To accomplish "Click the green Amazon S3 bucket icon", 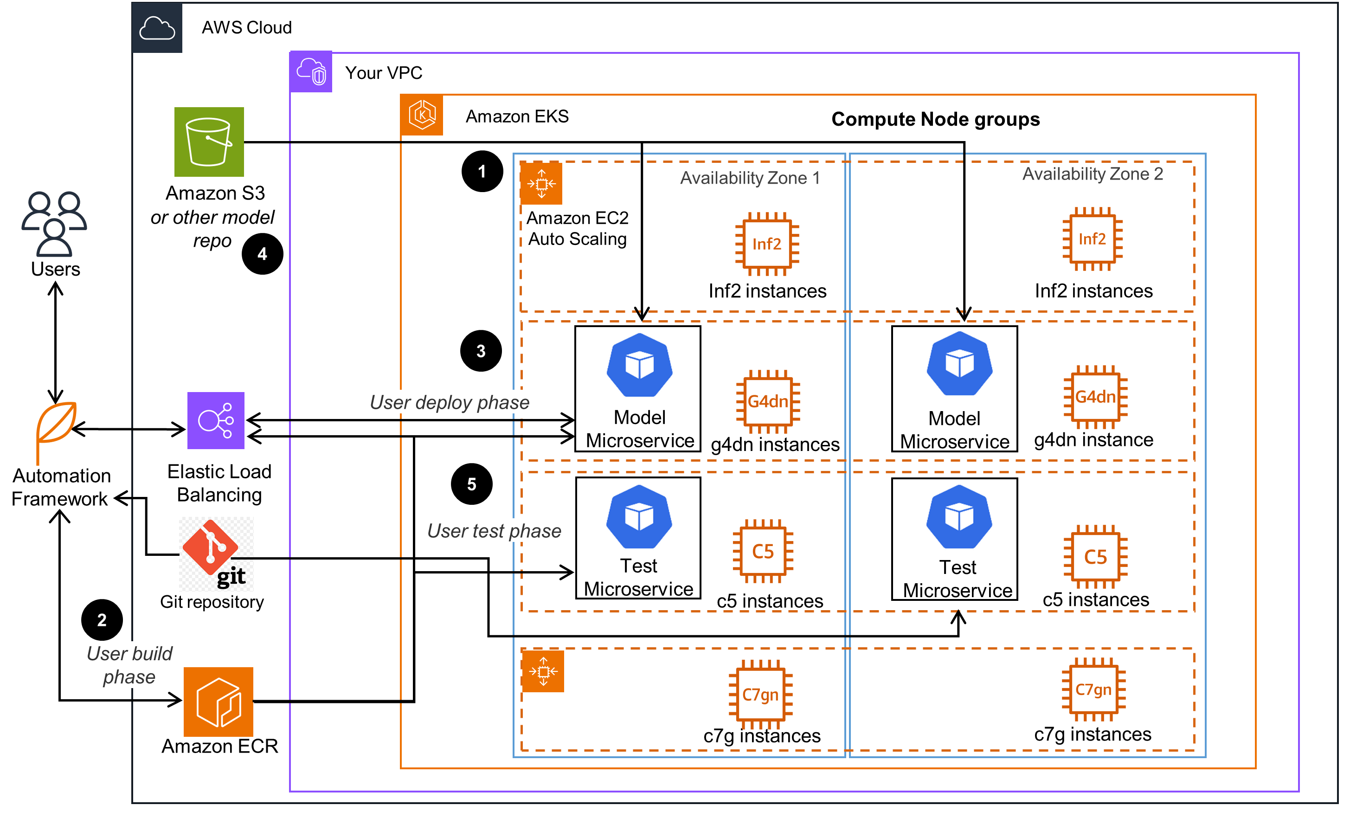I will click(x=209, y=142).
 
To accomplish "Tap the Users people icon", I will click(x=54, y=224).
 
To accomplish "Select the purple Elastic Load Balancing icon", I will click(x=216, y=420).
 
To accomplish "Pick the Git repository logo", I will click(x=216, y=554).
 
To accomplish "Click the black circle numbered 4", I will click(x=263, y=254).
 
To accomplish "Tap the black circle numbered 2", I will click(x=102, y=620).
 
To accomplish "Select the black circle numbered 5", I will click(x=472, y=484).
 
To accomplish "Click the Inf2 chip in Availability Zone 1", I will click(x=766, y=244).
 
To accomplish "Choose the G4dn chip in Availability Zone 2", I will click(x=1095, y=397).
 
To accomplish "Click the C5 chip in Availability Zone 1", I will click(x=763, y=551).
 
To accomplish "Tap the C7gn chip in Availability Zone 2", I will click(x=1093, y=690).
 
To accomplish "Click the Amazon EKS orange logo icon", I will click(x=422, y=115).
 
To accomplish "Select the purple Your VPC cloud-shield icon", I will click(x=311, y=72).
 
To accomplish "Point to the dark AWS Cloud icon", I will click(x=157, y=28).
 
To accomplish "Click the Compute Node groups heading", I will click(x=935, y=119).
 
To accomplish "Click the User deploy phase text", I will click(x=449, y=402).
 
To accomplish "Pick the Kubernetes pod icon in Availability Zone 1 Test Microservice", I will click(x=639, y=517).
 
